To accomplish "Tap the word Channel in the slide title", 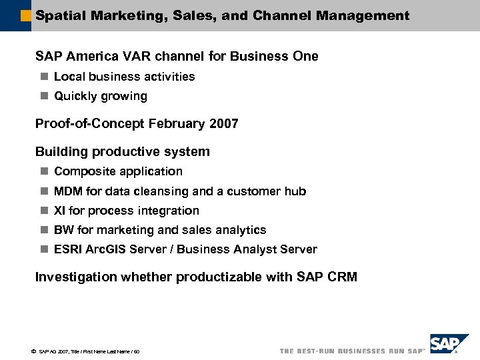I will click(281, 15).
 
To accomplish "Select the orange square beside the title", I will click(26, 15).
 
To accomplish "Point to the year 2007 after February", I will click(223, 123).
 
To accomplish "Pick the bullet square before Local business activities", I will click(43, 77).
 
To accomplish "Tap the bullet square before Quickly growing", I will click(43, 96).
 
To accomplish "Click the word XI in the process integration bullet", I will click(59, 211).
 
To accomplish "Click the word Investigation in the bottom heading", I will click(75, 277).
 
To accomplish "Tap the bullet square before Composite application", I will click(43, 171).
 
